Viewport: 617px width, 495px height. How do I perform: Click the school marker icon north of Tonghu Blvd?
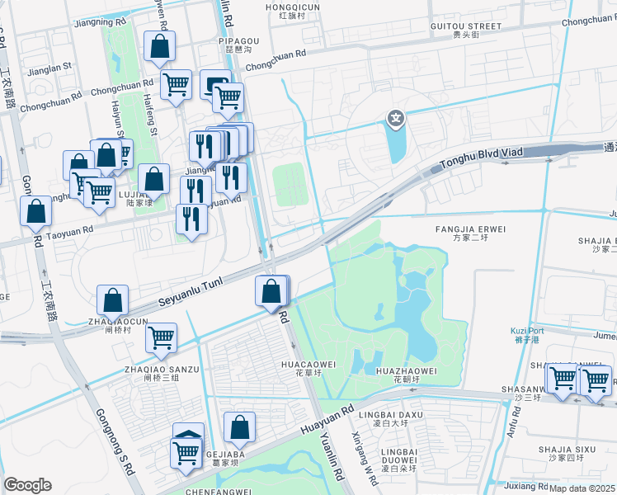pyautogui.click(x=397, y=120)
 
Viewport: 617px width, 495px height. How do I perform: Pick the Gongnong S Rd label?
pyautogui.click(x=115, y=442)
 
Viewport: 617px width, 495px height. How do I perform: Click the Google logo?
pyautogui.click(x=27, y=485)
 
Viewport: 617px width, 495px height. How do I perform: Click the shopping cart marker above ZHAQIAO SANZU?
pyautogui.click(x=160, y=336)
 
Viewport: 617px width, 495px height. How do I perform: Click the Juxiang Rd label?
pyautogui.click(x=527, y=485)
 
